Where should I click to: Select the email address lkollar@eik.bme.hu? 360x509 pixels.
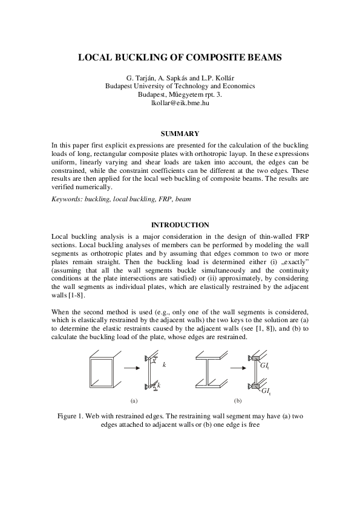coord(180,103)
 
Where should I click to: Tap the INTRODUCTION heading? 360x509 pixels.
coord(180,225)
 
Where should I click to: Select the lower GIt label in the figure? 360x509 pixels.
coord(266,392)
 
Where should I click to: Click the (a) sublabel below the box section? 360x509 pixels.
coord(134,400)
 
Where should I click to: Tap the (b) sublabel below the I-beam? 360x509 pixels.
coord(238,400)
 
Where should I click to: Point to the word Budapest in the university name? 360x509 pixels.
coord(121,86)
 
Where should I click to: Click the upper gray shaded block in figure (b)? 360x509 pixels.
coord(254,359)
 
